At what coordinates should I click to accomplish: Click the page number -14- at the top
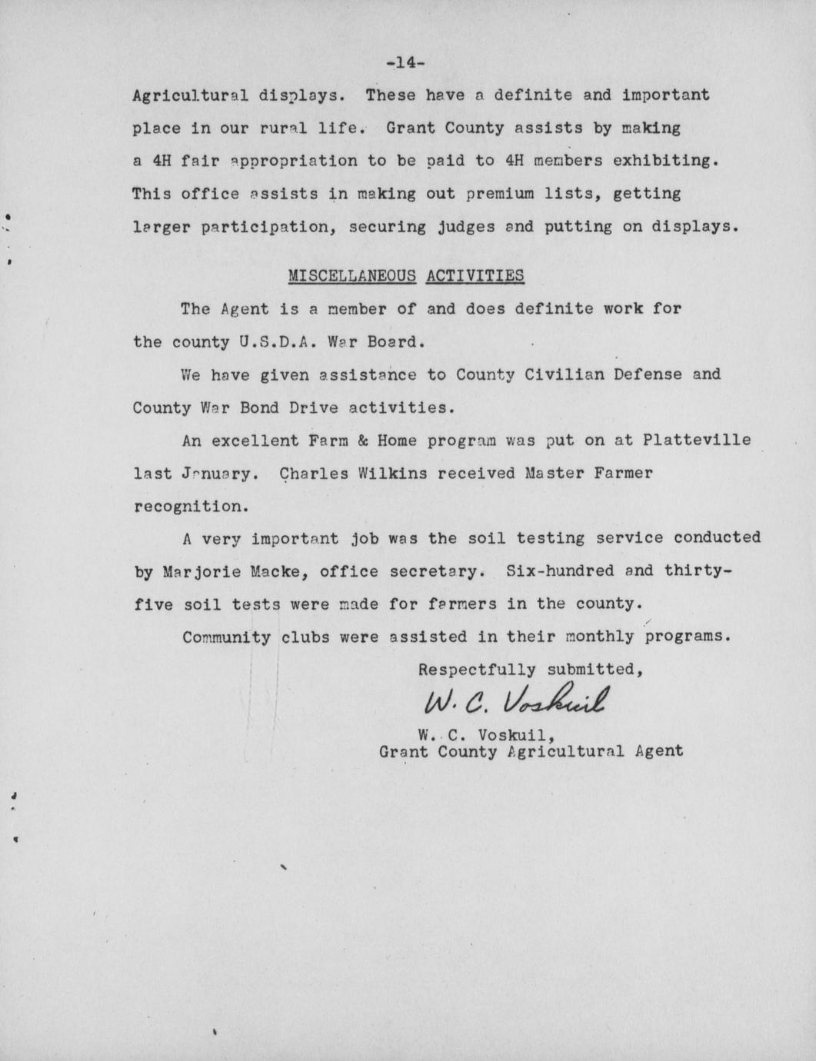pyautogui.click(x=405, y=63)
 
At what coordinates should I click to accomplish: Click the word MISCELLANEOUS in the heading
pyautogui.click(x=351, y=275)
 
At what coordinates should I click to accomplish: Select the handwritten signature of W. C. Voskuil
pyautogui.click(x=515, y=700)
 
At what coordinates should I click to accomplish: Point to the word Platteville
pyautogui.click(x=697, y=441)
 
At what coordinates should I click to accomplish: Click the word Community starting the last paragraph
pyautogui.click(x=226, y=637)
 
